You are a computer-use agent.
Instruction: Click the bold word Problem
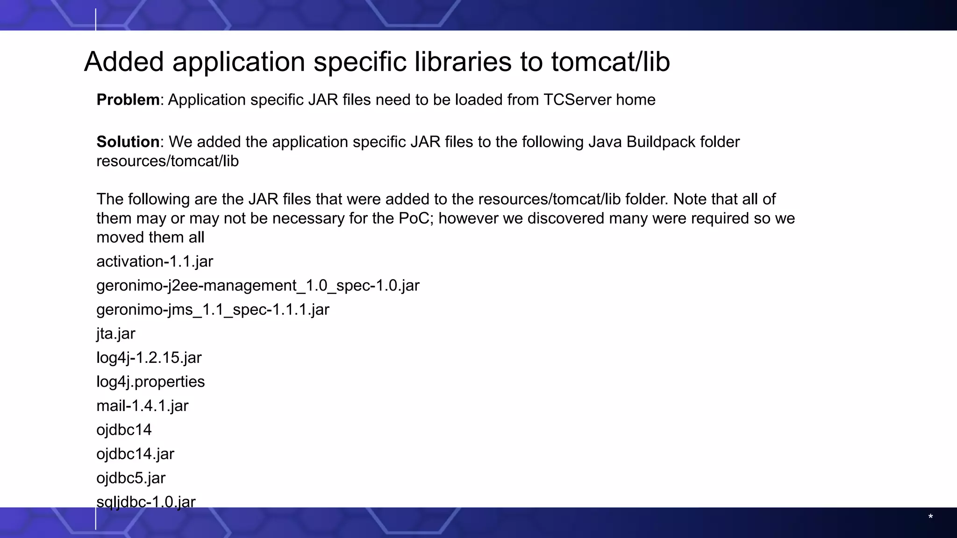[x=128, y=100]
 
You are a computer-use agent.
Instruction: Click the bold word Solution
[x=128, y=142]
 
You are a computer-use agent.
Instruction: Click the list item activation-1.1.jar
[x=155, y=262]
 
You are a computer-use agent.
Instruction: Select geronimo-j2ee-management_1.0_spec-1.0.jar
[x=258, y=285]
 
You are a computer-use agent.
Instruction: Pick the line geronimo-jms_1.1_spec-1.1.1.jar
[x=213, y=310]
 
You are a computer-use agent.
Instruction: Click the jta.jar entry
[x=116, y=334]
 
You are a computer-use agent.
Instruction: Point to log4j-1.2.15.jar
[x=149, y=358]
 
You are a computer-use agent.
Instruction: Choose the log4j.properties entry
[x=150, y=382]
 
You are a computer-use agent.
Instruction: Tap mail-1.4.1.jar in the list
[x=143, y=406]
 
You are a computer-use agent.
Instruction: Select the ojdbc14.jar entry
[x=136, y=454]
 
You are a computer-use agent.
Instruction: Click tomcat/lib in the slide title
[x=610, y=62]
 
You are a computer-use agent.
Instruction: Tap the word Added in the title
[x=124, y=62]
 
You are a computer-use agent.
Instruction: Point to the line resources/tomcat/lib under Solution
[x=167, y=161]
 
